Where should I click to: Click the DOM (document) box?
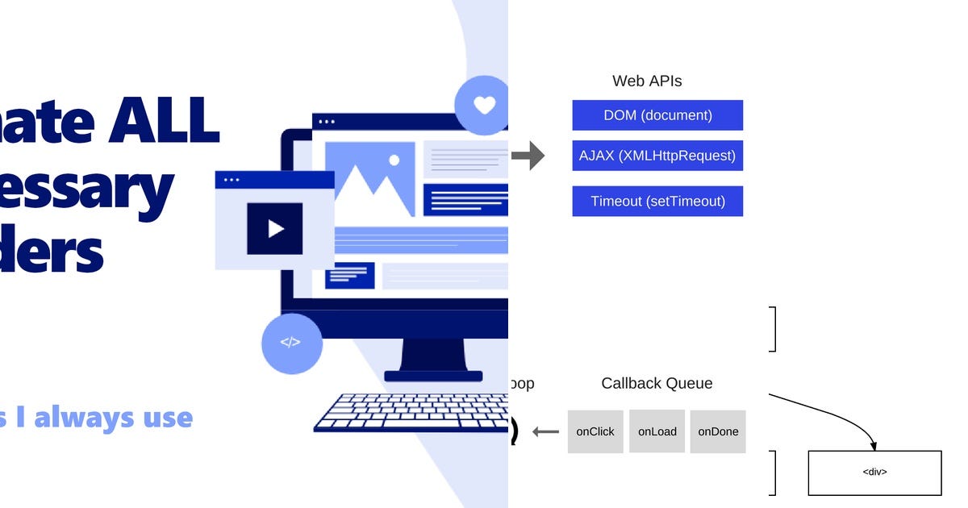[x=657, y=115]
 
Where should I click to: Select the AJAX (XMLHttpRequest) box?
[x=657, y=156]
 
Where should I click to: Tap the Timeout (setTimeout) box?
[x=657, y=201]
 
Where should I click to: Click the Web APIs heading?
[x=647, y=81]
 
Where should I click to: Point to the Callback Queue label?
[x=657, y=384]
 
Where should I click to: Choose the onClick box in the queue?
[x=595, y=431]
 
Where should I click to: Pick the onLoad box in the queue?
[x=657, y=431]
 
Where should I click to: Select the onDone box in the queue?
[x=718, y=431]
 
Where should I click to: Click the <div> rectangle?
[x=874, y=473]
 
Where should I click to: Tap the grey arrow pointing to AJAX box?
[x=528, y=156]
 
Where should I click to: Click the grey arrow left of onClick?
[x=546, y=432]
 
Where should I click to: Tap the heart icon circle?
[x=483, y=106]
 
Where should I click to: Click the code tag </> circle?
[x=291, y=343]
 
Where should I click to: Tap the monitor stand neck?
[x=433, y=355]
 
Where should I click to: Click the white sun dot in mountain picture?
[x=394, y=160]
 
